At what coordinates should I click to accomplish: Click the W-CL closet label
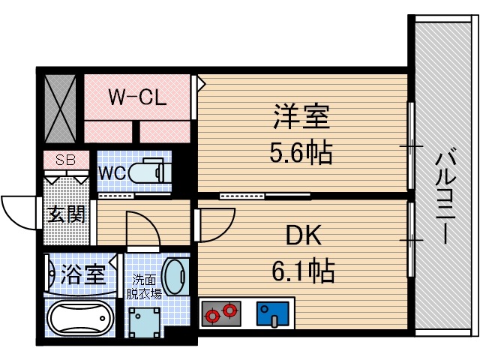click(x=136, y=97)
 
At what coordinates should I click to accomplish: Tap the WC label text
click(x=112, y=172)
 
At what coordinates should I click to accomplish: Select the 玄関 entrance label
click(x=67, y=213)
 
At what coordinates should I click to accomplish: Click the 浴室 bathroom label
click(x=82, y=274)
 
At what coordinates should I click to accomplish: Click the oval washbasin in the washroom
click(x=176, y=278)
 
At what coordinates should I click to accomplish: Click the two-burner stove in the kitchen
click(x=221, y=311)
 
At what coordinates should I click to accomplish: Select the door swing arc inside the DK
click(x=214, y=226)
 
